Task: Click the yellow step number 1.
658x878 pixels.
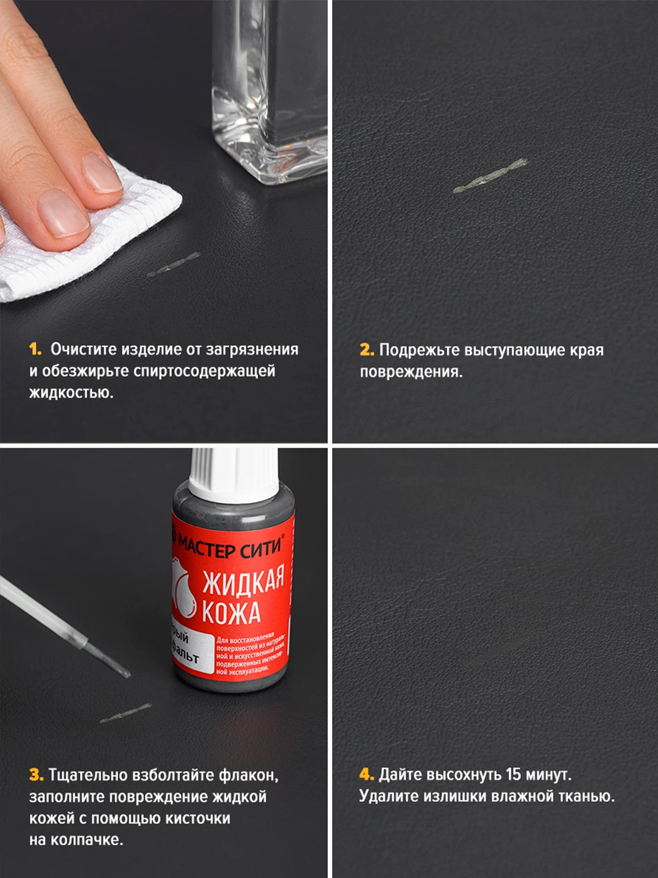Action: (35, 349)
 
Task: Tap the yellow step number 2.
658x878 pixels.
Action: (366, 350)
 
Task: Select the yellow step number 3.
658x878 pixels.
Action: (36, 775)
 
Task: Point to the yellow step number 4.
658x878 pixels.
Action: (366, 774)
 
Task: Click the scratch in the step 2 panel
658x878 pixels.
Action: (490, 176)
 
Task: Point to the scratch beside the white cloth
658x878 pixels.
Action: (174, 264)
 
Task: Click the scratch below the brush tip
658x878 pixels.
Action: (126, 713)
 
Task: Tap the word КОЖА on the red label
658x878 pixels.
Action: (231, 612)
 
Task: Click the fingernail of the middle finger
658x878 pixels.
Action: (63, 213)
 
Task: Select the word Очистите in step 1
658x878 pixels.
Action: (84, 349)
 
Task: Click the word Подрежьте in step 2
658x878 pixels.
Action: (420, 350)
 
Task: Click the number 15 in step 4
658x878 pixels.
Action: (513, 774)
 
